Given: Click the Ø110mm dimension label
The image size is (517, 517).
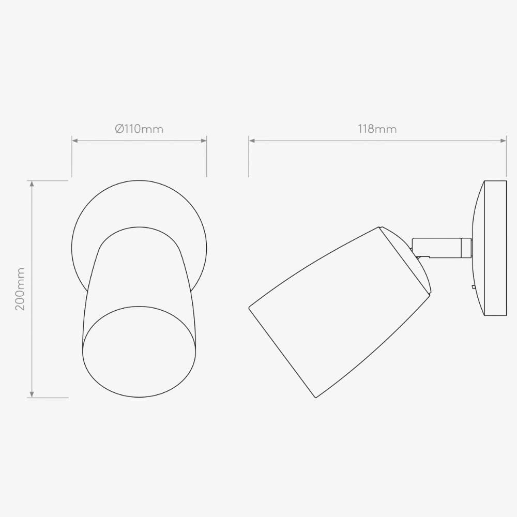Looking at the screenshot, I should click(139, 129).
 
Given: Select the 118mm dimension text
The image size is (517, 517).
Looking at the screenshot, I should click(377, 129).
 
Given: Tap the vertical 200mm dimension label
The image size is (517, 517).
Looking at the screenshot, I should click(20, 289).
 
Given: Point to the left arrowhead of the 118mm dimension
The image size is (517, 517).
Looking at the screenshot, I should click(251, 140).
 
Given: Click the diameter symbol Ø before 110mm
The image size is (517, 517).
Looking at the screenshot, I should click(119, 129).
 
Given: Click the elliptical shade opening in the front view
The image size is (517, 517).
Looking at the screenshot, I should click(139, 352).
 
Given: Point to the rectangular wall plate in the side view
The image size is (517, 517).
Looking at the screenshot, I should click(495, 248).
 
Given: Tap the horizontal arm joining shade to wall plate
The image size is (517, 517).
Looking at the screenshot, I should click(437, 248).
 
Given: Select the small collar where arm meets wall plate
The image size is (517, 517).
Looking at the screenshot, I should click(466, 248).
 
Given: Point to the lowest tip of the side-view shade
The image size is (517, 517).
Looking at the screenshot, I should click(316, 397).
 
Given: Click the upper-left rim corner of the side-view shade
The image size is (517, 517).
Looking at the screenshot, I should click(250, 308).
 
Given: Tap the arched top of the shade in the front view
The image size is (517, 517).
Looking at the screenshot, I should click(139, 228).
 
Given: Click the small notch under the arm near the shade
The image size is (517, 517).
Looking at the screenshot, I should click(422, 256).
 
